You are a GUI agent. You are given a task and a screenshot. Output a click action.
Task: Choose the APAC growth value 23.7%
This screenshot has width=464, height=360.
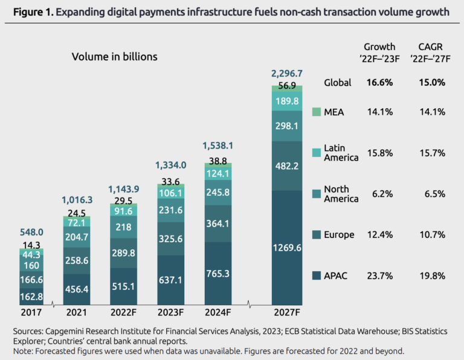coord(379,275)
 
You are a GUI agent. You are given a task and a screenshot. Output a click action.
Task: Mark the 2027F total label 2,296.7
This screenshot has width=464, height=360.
coord(286,74)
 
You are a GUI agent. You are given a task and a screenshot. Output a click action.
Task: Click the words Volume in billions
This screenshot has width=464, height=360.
coord(114,57)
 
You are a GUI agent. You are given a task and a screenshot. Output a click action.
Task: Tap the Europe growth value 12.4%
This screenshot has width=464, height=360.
coord(379,234)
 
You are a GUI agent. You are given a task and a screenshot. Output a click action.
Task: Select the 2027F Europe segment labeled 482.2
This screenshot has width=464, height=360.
coord(286,166)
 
